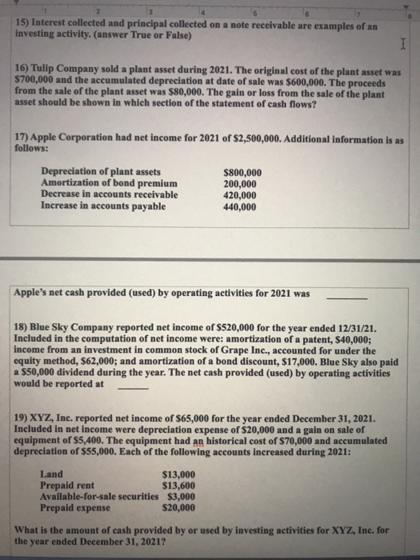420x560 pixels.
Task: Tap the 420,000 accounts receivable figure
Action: [x=240, y=195]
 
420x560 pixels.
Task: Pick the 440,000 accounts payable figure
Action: [x=240, y=206]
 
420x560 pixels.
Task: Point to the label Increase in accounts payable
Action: [x=103, y=206]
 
